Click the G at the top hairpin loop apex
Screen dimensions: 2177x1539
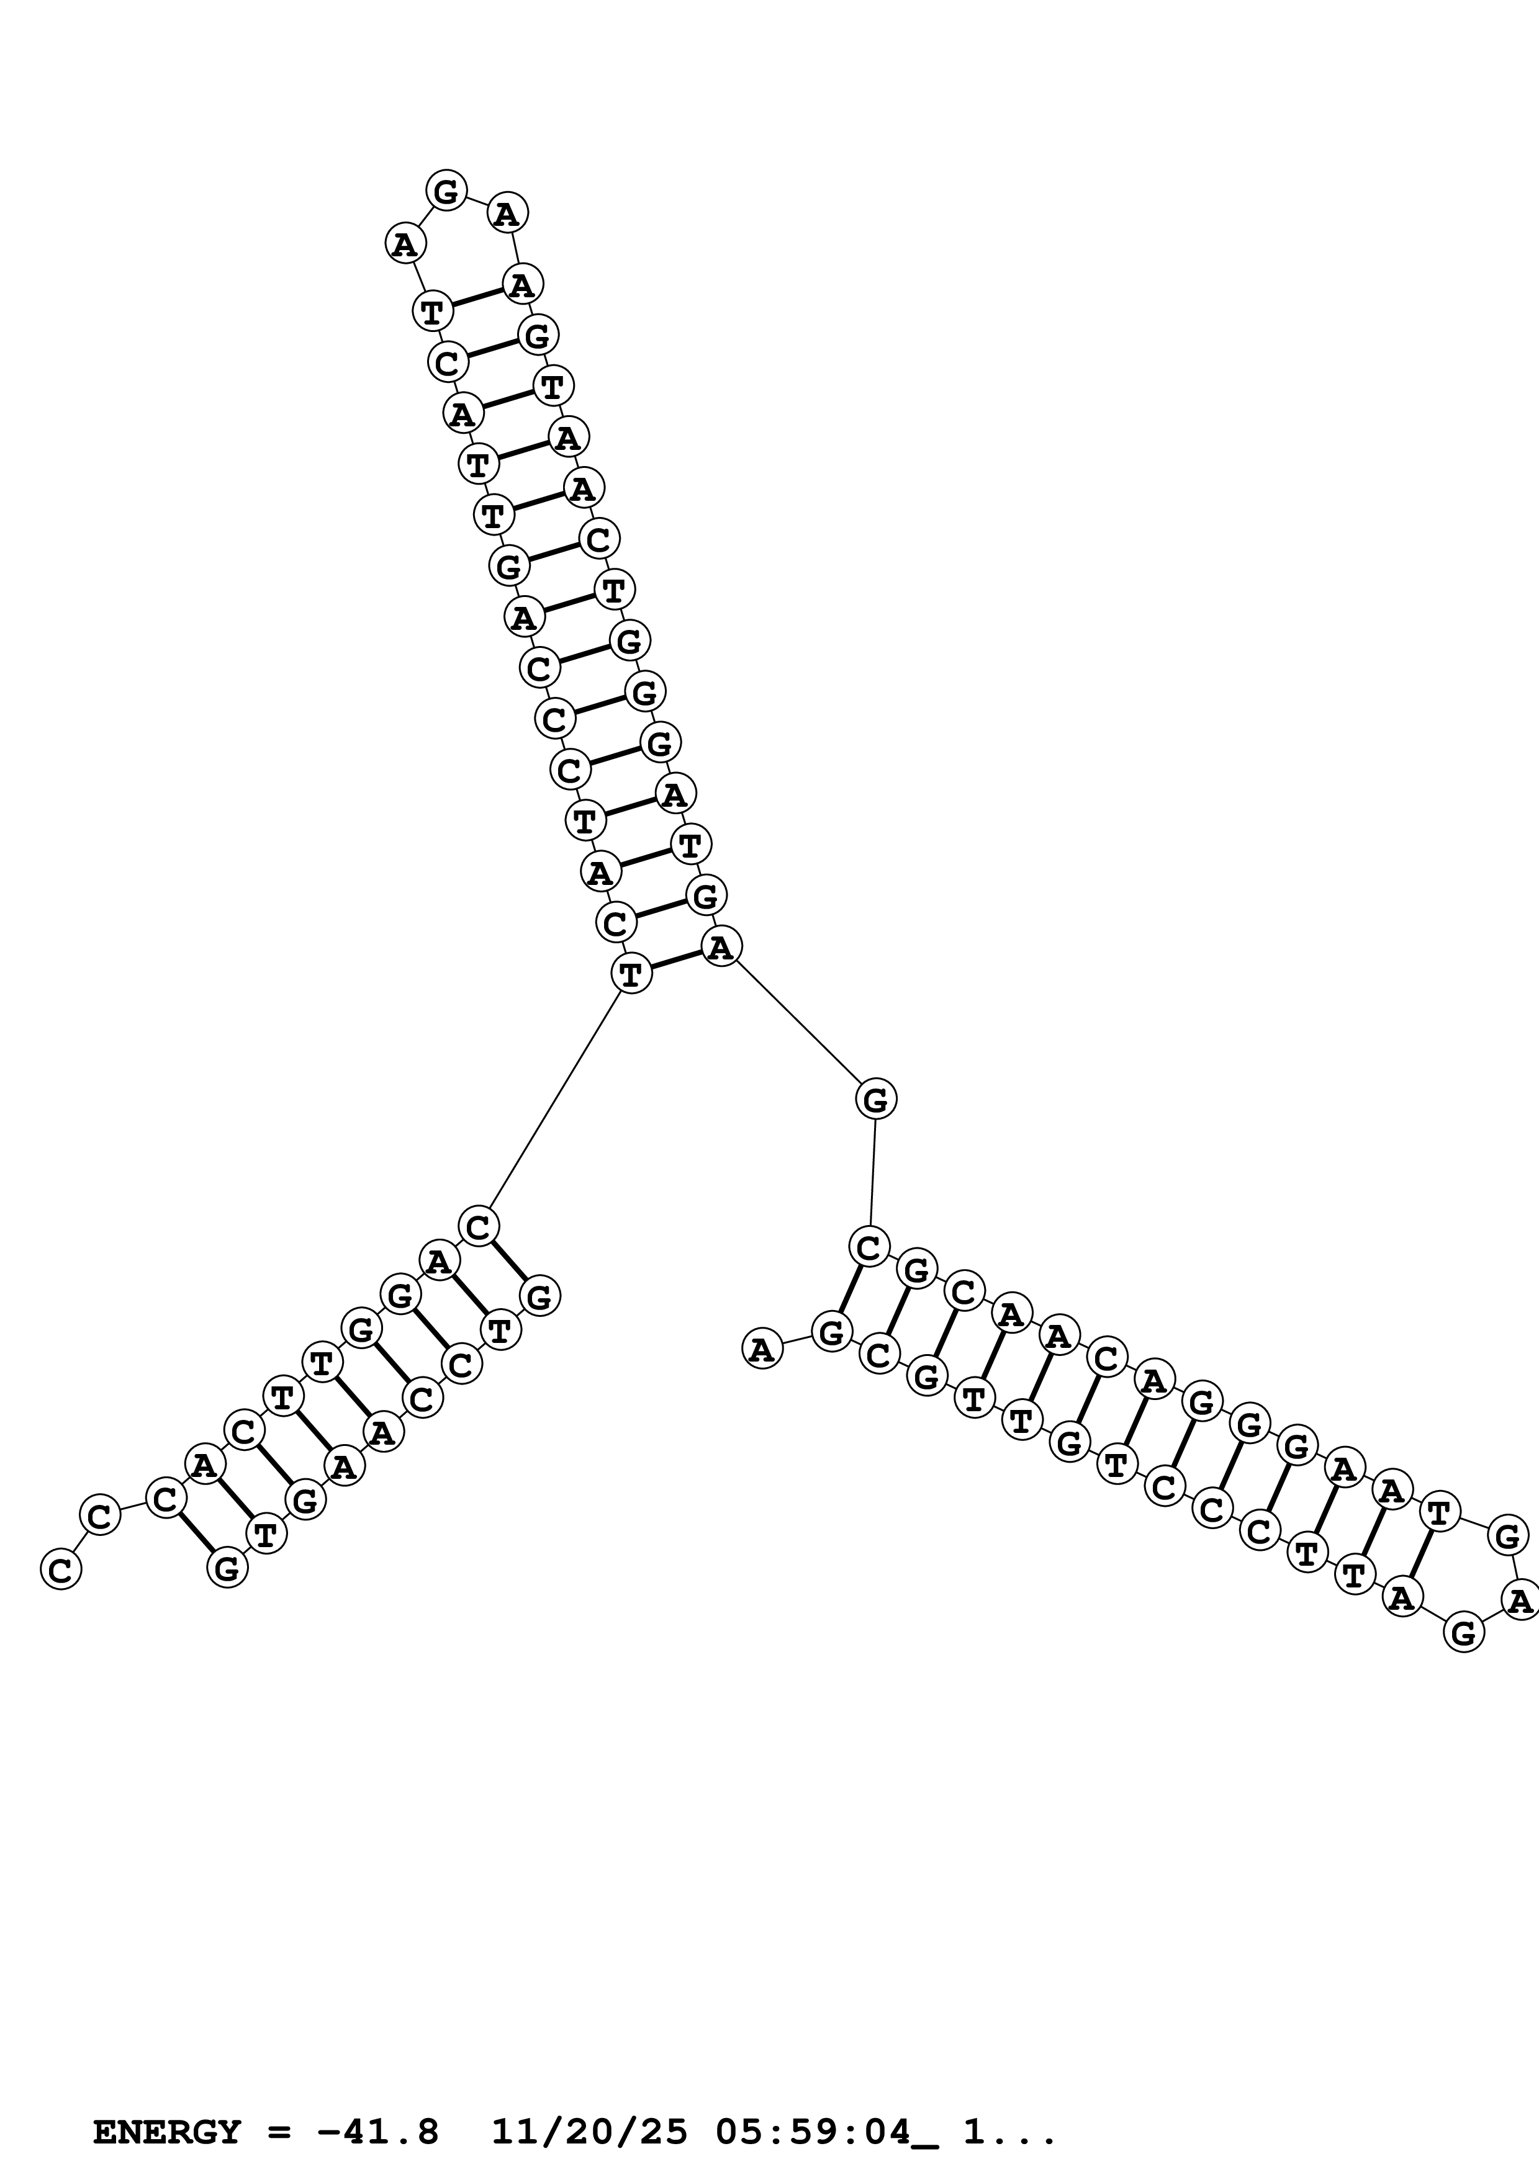pos(446,191)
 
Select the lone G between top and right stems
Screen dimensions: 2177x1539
pos(875,1100)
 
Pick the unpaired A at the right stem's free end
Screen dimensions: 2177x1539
pos(762,1349)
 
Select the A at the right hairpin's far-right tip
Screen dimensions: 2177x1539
pos(1520,1602)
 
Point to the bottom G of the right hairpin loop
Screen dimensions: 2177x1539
pos(1463,1632)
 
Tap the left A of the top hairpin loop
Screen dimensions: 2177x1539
pos(405,244)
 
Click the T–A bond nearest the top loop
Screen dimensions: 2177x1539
pos(477,297)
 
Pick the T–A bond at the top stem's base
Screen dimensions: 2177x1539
pos(676,959)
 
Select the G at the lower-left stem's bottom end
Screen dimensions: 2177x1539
pos(227,1569)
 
